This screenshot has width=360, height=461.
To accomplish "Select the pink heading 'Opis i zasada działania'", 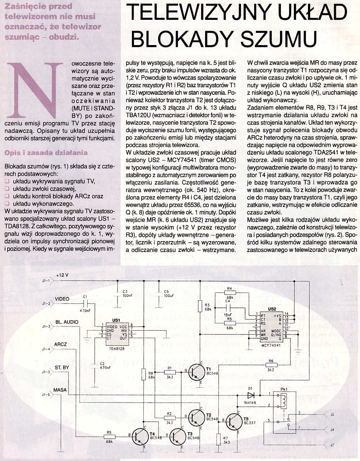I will coord(46,152).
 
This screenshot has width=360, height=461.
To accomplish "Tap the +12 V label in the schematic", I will coord(62,275).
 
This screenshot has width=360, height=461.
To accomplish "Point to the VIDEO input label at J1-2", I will coord(62,299).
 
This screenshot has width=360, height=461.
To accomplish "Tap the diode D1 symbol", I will coord(251,395).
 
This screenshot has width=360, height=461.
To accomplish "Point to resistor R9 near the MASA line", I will coord(109,437).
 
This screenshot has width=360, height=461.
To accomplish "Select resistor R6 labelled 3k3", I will coord(271,365).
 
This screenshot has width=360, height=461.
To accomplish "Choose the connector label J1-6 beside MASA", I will coord(46,395).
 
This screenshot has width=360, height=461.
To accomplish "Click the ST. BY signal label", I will coord(62,367).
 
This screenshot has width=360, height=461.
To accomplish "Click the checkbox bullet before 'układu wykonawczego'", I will coord(7,204).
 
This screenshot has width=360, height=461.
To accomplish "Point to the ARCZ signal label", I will coord(61,344).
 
